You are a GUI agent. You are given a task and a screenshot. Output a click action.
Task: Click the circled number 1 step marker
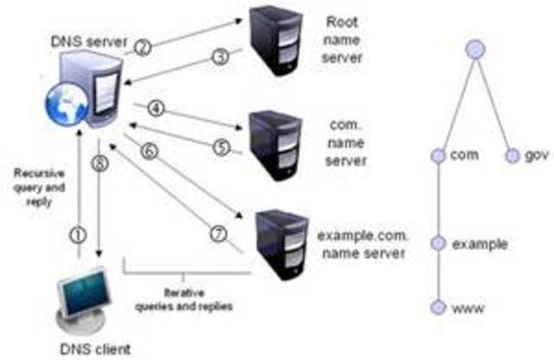click(80, 233)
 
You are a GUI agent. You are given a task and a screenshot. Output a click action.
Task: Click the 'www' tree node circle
click(439, 307)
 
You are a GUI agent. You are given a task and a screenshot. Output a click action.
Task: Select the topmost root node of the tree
click(474, 49)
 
